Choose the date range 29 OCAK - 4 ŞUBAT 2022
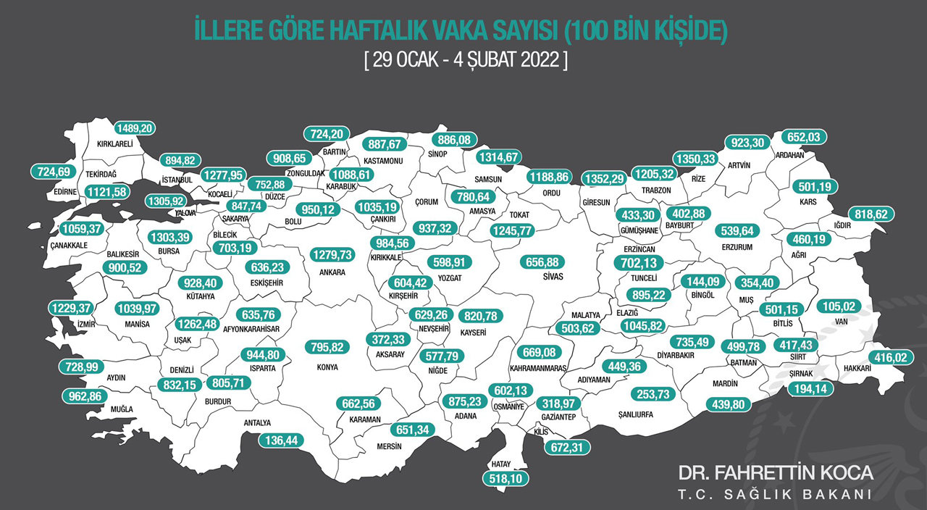[x=466, y=59]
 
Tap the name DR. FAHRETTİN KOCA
[x=776, y=473]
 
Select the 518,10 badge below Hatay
[x=507, y=478]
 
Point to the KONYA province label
[x=327, y=367]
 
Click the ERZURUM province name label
[x=738, y=248]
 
